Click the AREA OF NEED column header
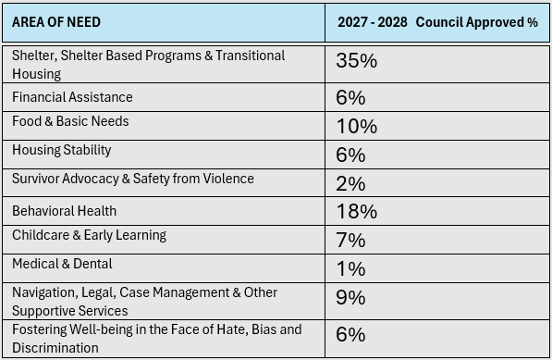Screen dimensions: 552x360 coord(56,22)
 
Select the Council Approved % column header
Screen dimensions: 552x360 coord(437,22)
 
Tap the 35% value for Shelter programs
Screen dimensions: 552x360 coord(356,60)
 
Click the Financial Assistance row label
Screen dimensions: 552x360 coord(72,97)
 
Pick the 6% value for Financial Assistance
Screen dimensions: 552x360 coord(350,97)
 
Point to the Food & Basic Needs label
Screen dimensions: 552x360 coord(70,121)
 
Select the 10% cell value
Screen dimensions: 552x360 coord(357,126)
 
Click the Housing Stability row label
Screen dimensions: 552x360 coord(62,151)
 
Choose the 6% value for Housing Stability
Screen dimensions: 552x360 coord(350,155)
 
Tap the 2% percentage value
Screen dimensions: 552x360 coord(350,183)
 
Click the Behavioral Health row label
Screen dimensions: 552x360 coord(64,211)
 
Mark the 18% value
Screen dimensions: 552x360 coord(357,211)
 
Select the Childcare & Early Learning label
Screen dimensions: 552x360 coord(89,235)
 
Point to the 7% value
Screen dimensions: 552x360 coord(350,241)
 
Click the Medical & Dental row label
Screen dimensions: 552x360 coord(62,264)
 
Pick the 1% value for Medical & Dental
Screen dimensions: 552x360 coord(351,268)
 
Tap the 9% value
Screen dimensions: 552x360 coord(350,298)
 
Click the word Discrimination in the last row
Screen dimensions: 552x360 coord(55,348)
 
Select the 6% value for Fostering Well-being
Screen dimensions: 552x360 coord(350,334)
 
